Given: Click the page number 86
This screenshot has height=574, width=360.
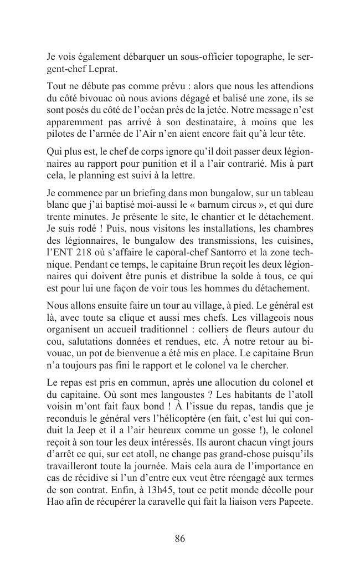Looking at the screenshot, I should [x=179, y=539].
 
